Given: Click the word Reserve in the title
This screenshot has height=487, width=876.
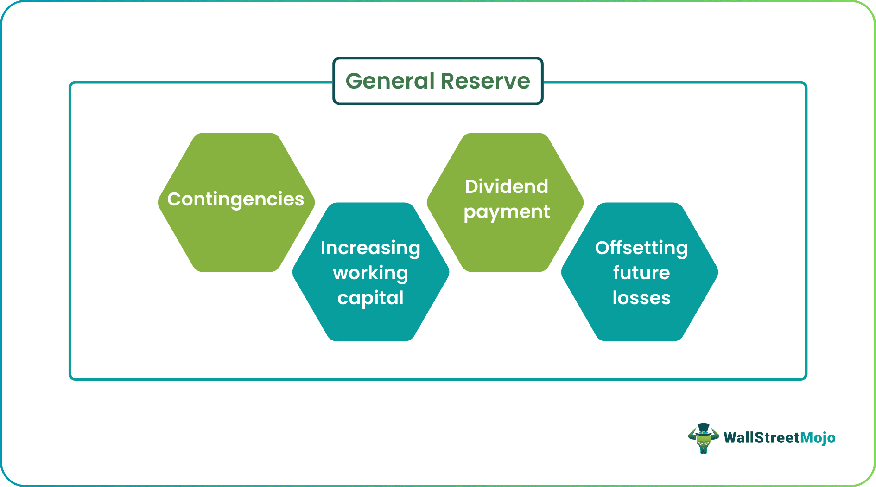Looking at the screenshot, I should pyautogui.click(x=485, y=81).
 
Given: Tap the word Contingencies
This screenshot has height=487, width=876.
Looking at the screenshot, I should pyautogui.click(x=235, y=199).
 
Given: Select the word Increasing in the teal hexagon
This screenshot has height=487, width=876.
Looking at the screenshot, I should pyautogui.click(x=370, y=248).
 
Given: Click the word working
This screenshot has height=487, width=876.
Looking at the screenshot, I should pyautogui.click(x=370, y=273).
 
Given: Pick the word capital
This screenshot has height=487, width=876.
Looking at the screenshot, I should pyautogui.click(x=370, y=298).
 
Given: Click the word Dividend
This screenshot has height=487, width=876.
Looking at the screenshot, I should pyautogui.click(x=507, y=186).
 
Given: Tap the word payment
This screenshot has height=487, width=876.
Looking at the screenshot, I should pyautogui.click(x=507, y=211).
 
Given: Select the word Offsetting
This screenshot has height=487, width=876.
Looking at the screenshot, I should pyautogui.click(x=641, y=248).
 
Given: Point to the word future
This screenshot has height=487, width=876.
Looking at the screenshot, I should pyautogui.click(x=641, y=273).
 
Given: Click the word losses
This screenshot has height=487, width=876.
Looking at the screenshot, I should pyautogui.click(x=641, y=298).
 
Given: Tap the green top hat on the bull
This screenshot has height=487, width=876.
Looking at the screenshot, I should pyautogui.click(x=703, y=428).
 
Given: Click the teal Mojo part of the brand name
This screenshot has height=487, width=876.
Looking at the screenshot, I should pyautogui.click(x=818, y=437).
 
